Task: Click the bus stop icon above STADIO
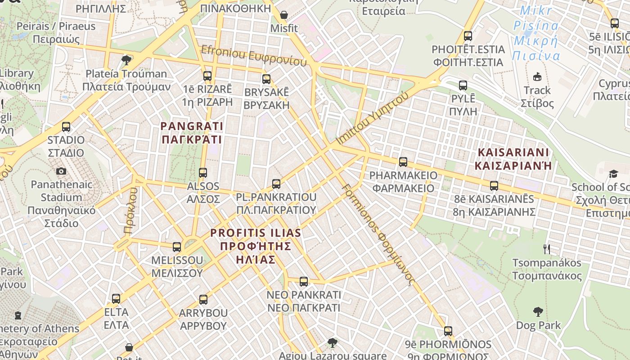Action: point(66,127)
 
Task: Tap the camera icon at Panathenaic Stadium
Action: point(61,171)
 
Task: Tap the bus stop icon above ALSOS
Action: point(203,173)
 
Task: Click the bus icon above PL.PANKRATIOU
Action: point(276,184)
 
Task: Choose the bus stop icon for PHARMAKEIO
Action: point(403,162)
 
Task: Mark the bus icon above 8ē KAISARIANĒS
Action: point(494,185)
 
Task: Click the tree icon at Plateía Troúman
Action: point(126,60)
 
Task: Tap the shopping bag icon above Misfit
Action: point(284,15)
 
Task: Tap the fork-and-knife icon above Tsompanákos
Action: point(547,249)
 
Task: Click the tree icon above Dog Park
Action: point(538,311)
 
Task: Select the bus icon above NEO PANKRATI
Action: point(304,282)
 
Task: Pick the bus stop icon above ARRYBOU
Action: point(203,299)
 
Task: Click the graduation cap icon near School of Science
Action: point(613,174)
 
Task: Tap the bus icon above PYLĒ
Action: point(463,85)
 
